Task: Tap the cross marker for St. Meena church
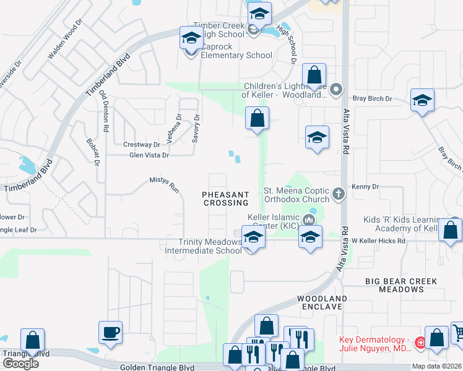pos(338,194)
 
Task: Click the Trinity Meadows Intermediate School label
pos(203,246)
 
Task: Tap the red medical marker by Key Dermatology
pos(420,342)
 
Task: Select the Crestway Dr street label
pos(142,145)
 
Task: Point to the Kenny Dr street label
pos(365,187)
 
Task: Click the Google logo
pos(20,364)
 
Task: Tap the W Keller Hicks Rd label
pos(378,241)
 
